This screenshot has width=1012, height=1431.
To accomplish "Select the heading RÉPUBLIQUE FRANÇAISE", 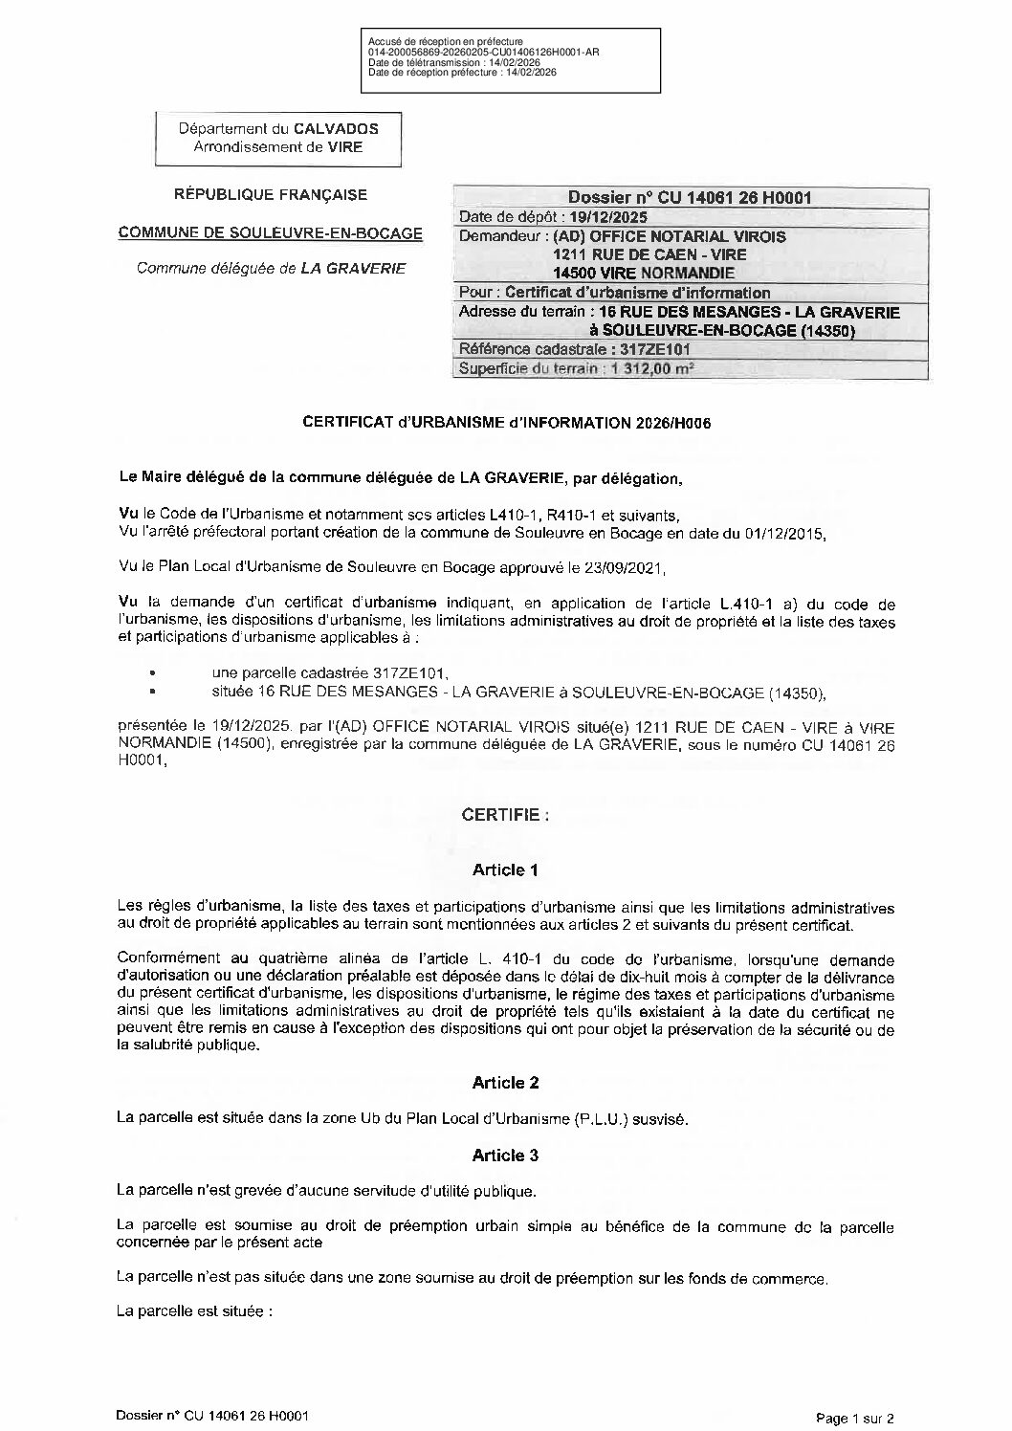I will coord(270,195).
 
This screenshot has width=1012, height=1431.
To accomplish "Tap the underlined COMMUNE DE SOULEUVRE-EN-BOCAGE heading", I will coord(270,232).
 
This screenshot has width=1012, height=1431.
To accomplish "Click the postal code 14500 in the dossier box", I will coord(573,274).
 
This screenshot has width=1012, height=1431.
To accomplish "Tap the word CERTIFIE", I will coord(505,816).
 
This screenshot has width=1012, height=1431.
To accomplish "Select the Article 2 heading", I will coord(505,1083).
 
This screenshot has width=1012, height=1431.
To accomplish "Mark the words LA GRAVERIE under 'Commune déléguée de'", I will coord(353,269).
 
